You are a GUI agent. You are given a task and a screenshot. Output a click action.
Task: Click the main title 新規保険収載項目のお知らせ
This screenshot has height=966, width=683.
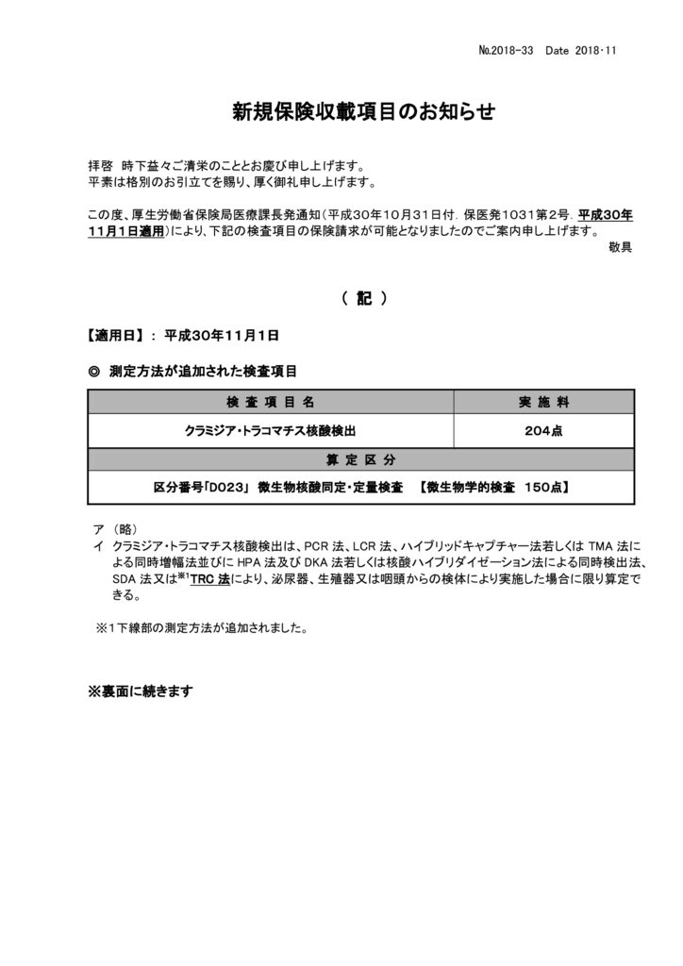363,112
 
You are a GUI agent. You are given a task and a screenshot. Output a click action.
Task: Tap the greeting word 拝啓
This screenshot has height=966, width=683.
99,166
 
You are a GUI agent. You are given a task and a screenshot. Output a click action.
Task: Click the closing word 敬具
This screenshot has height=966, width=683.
620,247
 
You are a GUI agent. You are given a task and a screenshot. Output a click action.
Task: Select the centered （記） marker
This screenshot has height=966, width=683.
363,298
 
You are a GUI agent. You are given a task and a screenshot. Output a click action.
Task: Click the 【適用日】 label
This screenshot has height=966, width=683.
115,335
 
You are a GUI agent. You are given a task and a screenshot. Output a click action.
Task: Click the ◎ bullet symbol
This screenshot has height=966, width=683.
93,372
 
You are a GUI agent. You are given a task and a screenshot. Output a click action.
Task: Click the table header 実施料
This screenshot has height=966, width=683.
543,402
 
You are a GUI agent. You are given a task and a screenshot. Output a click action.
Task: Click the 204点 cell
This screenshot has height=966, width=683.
543,430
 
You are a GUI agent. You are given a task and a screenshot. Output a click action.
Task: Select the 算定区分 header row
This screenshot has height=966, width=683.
360,459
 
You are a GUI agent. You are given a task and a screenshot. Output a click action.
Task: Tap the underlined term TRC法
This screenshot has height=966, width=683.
209,581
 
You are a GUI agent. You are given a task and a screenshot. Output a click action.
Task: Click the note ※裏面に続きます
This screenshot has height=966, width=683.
141,691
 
